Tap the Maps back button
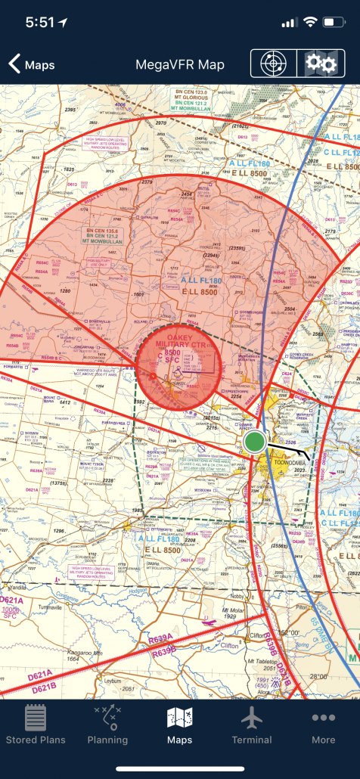click(32, 65)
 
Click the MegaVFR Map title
click(180, 65)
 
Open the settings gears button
click(320, 64)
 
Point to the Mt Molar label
click(236, 609)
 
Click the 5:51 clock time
click(40, 23)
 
